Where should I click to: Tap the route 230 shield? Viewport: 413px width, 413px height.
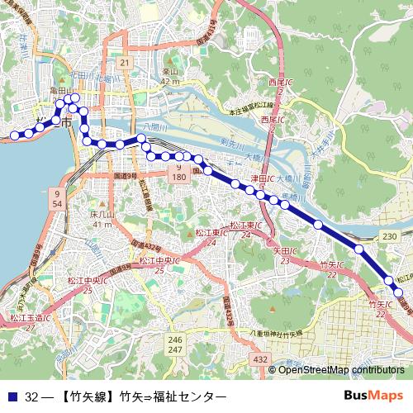[390, 237]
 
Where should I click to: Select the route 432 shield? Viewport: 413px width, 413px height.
[261, 359]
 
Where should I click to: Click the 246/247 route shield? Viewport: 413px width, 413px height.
[174, 345]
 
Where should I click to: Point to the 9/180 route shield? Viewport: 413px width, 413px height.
[179, 173]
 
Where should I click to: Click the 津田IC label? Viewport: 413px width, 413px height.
[261, 178]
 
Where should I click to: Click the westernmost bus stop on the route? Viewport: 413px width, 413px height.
[14, 135]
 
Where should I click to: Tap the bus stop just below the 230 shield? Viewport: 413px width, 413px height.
[359, 249]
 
